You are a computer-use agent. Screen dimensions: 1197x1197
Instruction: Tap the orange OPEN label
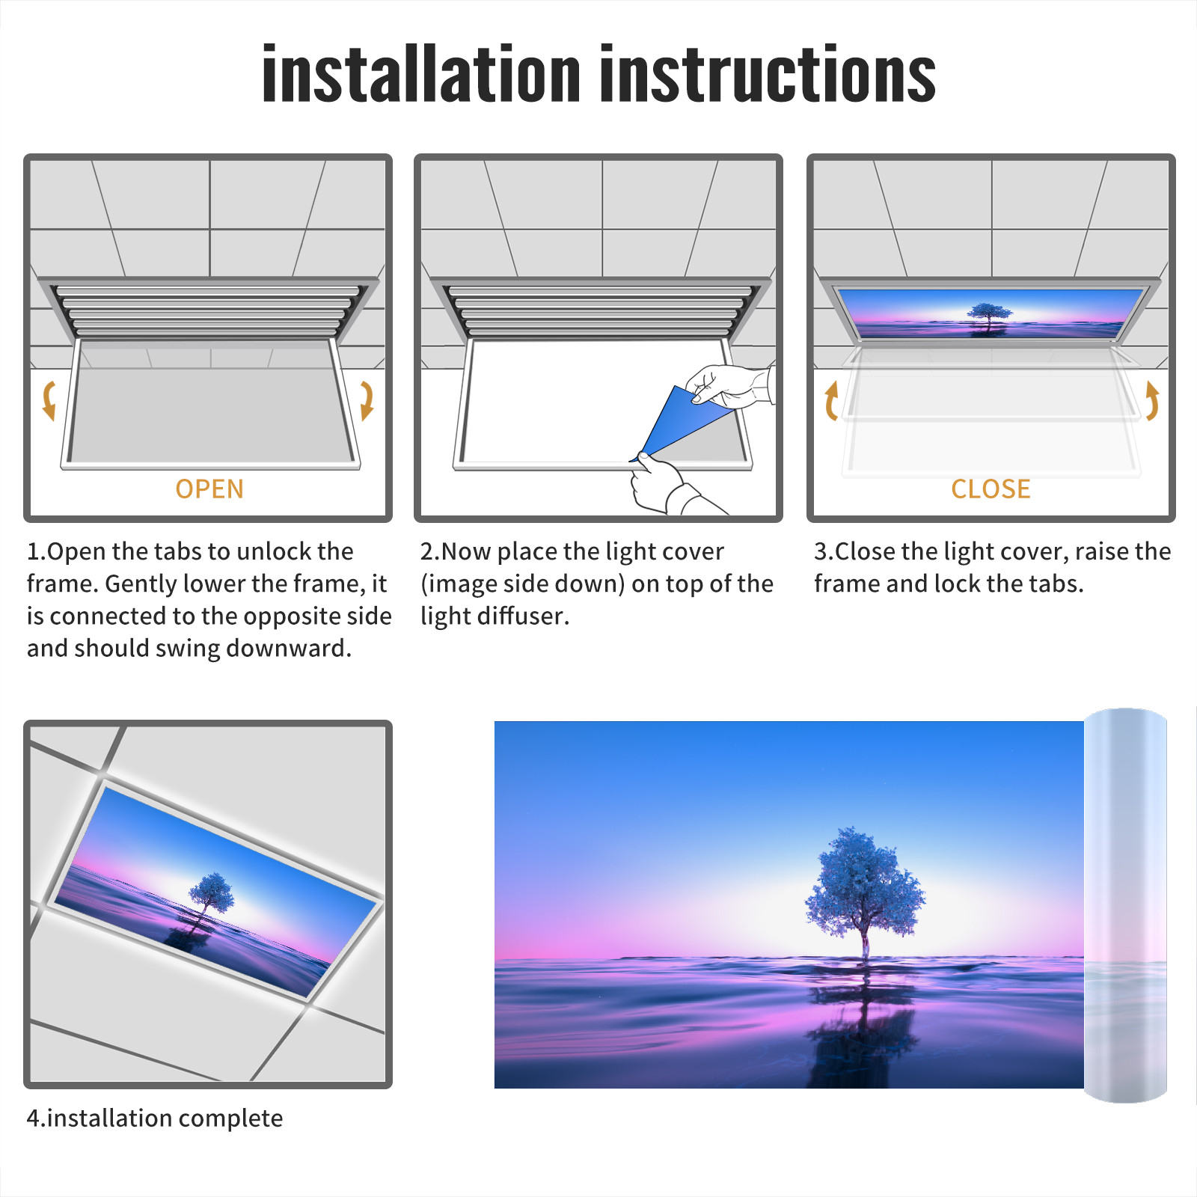[x=209, y=489]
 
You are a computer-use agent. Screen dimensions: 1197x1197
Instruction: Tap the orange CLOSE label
[x=991, y=489]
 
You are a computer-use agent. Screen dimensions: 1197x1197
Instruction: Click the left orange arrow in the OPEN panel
[x=49, y=401]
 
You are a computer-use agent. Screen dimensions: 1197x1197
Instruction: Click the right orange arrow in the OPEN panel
[x=367, y=401]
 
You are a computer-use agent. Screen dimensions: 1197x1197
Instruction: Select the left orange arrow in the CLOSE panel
[x=831, y=401]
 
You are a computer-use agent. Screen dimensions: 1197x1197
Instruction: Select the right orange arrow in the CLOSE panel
[x=1152, y=401]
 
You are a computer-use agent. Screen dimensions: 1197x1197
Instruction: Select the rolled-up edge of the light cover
[x=1125, y=905]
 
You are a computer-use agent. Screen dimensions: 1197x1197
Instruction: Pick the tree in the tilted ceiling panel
[x=211, y=894]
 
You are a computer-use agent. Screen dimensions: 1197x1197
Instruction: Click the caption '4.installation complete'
[x=155, y=1118]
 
